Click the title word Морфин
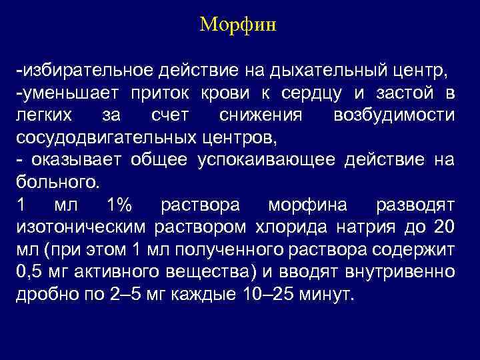click(238, 26)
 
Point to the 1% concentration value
click(119, 205)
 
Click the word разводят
click(415, 205)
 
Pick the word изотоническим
click(81, 228)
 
